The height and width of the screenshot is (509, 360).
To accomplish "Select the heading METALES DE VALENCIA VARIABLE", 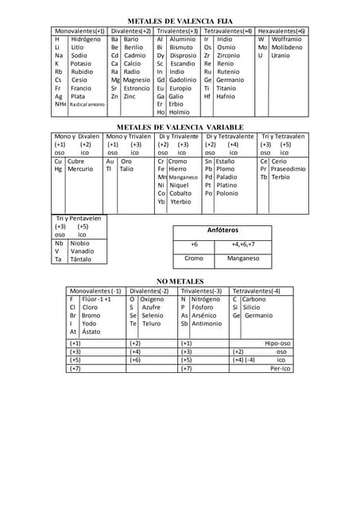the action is [x=180, y=127].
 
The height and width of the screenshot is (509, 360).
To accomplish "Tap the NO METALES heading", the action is [x=180, y=282].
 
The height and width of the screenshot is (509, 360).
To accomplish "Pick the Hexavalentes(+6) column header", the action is [x=282, y=30].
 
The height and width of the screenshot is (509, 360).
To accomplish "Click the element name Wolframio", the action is [x=286, y=39].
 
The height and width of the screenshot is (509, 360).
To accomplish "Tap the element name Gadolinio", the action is [x=183, y=80].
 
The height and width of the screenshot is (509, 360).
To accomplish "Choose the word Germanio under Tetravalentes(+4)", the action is [x=230, y=80].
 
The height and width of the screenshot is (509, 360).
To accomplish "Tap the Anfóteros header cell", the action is [x=222, y=230].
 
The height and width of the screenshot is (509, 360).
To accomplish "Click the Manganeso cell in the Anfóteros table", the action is [x=243, y=258].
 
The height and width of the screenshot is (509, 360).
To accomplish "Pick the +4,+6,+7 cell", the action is [x=243, y=244].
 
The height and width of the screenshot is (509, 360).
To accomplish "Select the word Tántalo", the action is [x=81, y=259].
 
